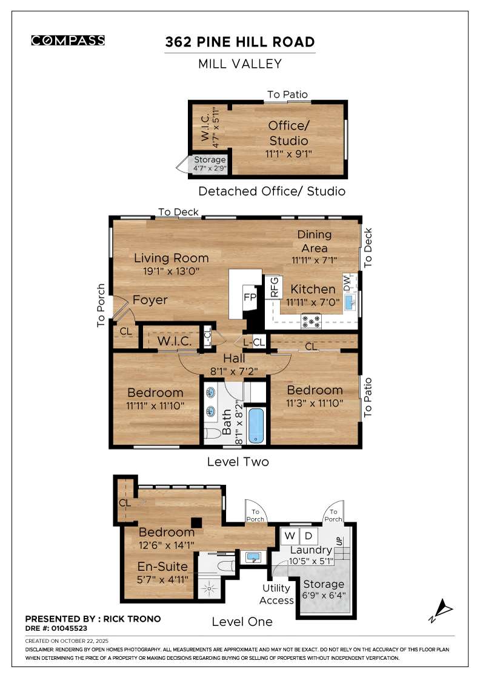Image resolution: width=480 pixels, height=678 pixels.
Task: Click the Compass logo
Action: [68, 41]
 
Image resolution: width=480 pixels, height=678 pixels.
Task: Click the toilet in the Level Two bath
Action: [212, 434]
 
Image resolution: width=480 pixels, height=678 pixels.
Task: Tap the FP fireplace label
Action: [249, 297]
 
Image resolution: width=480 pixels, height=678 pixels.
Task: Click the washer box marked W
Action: [290, 536]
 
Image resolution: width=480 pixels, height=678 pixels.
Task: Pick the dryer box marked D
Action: [308, 536]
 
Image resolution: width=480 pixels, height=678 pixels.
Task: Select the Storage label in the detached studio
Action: [209, 160]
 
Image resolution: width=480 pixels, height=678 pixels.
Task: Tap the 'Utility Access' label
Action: [276, 594]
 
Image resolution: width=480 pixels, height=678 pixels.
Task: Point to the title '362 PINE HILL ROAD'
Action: [240, 42]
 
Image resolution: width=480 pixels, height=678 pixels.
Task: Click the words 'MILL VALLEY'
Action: [240, 64]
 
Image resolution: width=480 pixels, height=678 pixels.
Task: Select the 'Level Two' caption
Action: [238, 462]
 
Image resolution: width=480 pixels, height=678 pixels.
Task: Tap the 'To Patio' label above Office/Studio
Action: [288, 94]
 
